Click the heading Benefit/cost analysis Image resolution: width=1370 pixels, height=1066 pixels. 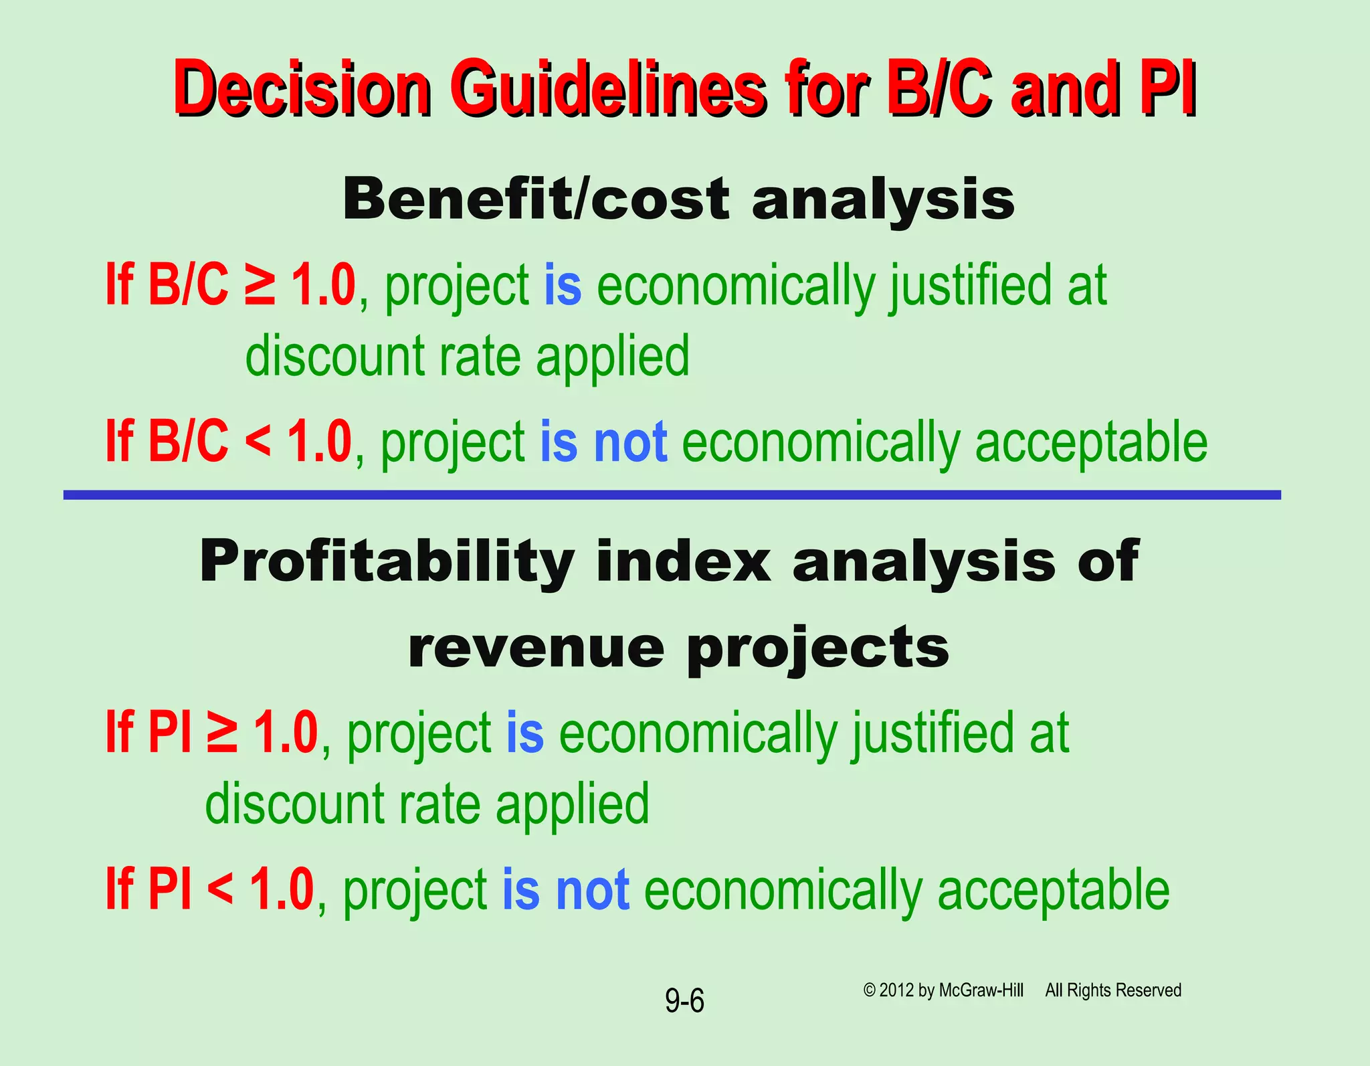(x=678, y=199)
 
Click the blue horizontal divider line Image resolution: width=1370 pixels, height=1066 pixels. (x=672, y=495)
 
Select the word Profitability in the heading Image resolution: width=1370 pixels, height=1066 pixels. (x=387, y=562)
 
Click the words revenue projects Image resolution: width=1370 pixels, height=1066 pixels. (x=678, y=648)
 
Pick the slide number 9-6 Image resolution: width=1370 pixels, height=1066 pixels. (x=684, y=1001)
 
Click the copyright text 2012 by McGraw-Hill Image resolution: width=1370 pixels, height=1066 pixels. (x=943, y=990)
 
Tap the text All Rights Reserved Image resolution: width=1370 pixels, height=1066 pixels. (x=1113, y=990)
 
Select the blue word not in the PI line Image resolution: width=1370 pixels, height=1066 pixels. (x=593, y=891)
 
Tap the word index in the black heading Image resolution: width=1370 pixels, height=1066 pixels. (x=682, y=562)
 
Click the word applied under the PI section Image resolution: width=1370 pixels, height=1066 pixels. (x=572, y=804)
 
